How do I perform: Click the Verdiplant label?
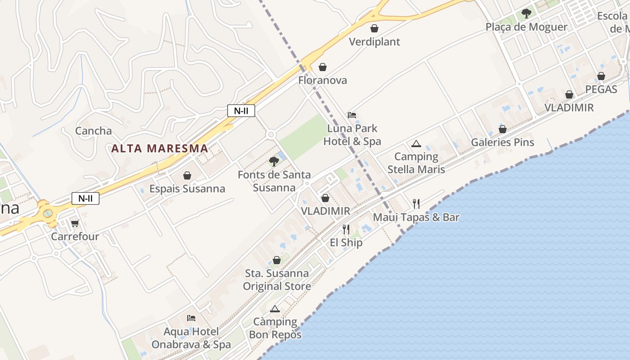click(x=374, y=42)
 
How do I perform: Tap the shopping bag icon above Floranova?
click(x=323, y=67)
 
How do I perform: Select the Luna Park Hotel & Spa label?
click(x=352, y=135)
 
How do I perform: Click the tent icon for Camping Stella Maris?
click(x=416, y=144)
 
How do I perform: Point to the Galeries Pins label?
click(x=502, y=143)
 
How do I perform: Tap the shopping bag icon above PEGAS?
click(x=601, y=76)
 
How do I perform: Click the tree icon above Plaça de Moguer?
click(x=526, y=13)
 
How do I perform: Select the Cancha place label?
click(x=94, y=131)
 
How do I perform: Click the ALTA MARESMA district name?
click(x=159, y=148)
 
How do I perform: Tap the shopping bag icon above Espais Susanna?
click(x=187, y=175)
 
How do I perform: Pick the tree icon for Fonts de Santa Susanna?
click(x=274, y=162)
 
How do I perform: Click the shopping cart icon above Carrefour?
click(x=75, y=223)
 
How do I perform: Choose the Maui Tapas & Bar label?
click(x=416, y=217)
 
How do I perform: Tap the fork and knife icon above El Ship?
click(x=346, y=229)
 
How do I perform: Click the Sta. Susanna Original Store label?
click(x=277, y=280)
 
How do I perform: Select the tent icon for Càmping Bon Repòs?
click(x=275, y=309)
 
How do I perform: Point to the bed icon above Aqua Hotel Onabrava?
click(x=191, y=318)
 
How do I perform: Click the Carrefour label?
click(x=75, y=236)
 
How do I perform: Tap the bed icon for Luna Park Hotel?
click(x=352, y=115)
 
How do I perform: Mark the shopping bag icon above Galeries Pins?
click(x=502, y=130)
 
